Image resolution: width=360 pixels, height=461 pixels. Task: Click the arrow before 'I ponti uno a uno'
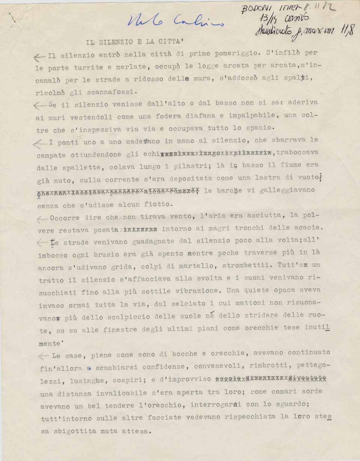click(40, 144)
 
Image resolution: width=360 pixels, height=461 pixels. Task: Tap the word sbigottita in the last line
click(76, 431)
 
